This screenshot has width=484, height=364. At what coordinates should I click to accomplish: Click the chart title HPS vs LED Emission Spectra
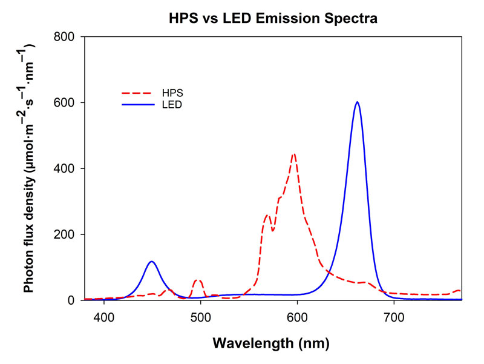pyautogui.click(x=273, y=19)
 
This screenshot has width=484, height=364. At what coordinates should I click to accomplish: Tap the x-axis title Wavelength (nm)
pyautogui.click(x=270, y=344)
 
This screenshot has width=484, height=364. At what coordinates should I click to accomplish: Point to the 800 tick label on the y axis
pyautogui.click(x=65, y=37)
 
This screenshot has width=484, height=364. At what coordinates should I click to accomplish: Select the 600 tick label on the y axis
pyautogui.click(x=65, y=103)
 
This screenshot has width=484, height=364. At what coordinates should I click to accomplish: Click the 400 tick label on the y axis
pyautogui.click(x=65, y=168)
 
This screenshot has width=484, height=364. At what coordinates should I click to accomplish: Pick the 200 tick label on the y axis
pyautogui.click(x=65, y=234)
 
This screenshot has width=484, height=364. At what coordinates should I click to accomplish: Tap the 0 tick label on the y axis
pyautogui.click(x=71, y=300)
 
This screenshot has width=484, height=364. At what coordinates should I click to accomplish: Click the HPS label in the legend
pyautogui.click(x=172, y=93)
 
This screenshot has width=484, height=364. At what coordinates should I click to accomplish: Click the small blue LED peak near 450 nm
pyautogui.click(x=151, y=262)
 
